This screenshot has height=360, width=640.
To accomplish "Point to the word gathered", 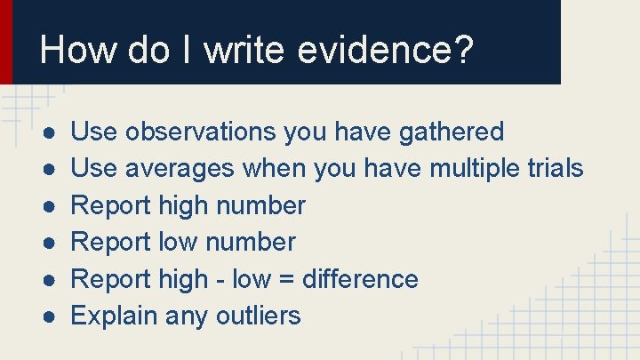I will [452, 132].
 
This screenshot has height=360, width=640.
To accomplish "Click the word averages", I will [180, 169].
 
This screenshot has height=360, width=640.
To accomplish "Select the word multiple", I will [476, 169].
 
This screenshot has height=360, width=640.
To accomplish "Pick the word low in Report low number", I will [178, 243].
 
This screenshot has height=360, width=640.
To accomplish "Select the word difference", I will [360, 279].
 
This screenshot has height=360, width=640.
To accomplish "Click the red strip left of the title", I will [6, 41].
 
